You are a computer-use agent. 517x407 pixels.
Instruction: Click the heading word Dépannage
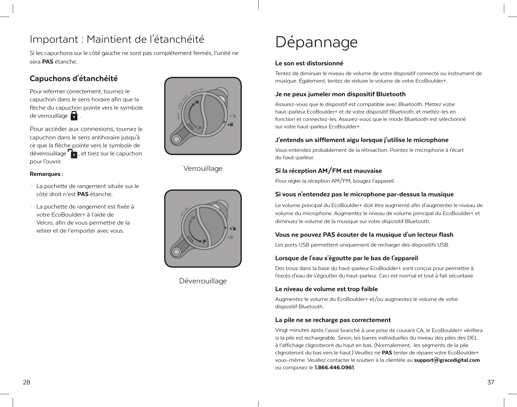pos(316,42)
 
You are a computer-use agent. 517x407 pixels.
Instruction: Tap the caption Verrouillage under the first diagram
pos(203,169)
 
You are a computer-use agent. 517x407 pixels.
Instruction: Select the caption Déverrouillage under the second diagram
pos(203,281)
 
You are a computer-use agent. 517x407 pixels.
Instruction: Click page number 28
pos(26,382)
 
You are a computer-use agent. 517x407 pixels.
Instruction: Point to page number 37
pos(491,382)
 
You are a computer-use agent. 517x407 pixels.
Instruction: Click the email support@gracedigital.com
pos(447,360)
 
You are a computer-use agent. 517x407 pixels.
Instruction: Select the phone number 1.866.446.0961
pos(334,368)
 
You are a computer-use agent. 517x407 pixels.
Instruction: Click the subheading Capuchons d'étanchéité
pos(74,79)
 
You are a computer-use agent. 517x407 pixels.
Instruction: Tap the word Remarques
pos(45,174)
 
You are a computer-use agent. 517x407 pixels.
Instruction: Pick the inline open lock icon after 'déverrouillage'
pos(72,154)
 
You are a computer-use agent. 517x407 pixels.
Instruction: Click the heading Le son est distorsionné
pos(309,64)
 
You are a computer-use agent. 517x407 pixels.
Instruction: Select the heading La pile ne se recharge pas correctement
pos(333,320)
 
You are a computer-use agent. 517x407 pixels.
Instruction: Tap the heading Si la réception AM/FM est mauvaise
pos(328,171)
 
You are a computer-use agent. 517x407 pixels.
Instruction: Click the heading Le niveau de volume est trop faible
pos(327,289)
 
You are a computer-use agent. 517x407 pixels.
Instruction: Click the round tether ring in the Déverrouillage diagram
pos(176,252)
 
